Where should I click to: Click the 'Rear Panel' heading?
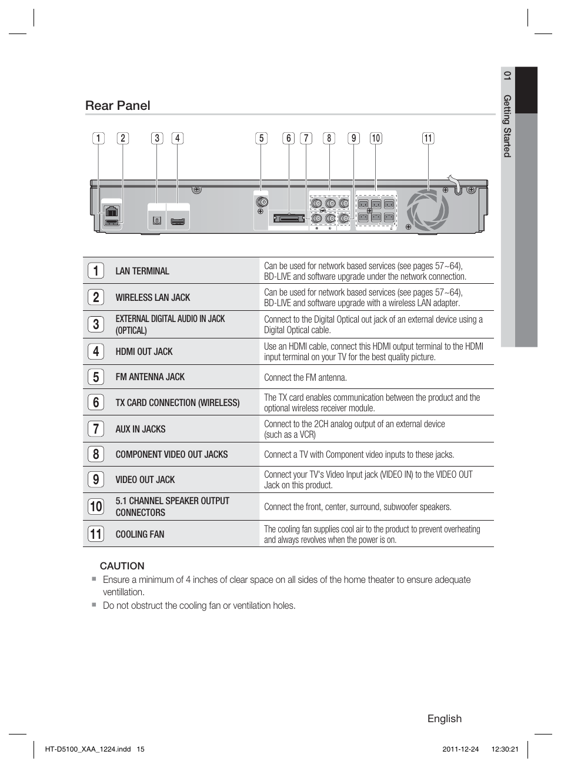pos(118,106)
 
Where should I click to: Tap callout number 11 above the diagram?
pos(428,139)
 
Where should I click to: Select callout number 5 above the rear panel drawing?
pos(261,139)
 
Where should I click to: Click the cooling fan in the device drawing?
pos(428,210)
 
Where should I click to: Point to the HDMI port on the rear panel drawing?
pos(178,222)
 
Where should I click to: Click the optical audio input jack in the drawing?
pos(156,221)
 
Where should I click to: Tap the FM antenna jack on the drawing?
pos(262,203)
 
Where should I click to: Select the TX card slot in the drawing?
pos(289,219)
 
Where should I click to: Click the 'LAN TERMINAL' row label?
pos(142,271)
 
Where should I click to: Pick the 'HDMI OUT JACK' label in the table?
pos(144,351)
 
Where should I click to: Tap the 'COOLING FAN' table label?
pos(140,534)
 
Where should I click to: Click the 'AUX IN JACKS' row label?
pos(141,429)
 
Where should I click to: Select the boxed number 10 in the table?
pos(96,507)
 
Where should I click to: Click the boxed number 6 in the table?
pos(96,403)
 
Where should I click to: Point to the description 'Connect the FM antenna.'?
pos(305,378)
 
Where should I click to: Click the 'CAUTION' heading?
pos(122,566)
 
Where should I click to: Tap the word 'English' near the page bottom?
pos(444,719)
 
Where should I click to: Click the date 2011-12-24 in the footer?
pos(460,749)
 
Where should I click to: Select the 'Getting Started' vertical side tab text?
pos(507,126)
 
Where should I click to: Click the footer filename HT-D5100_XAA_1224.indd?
pos(88,749)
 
